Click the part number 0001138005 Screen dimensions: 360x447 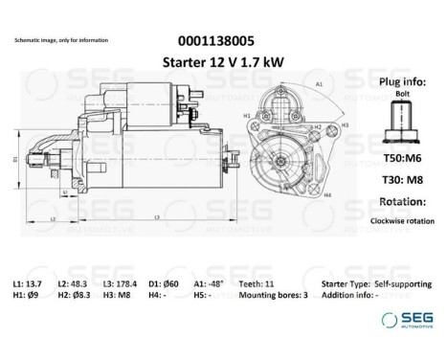[x=218, y=41]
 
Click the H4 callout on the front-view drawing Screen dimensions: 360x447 [x=326, y=194]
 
